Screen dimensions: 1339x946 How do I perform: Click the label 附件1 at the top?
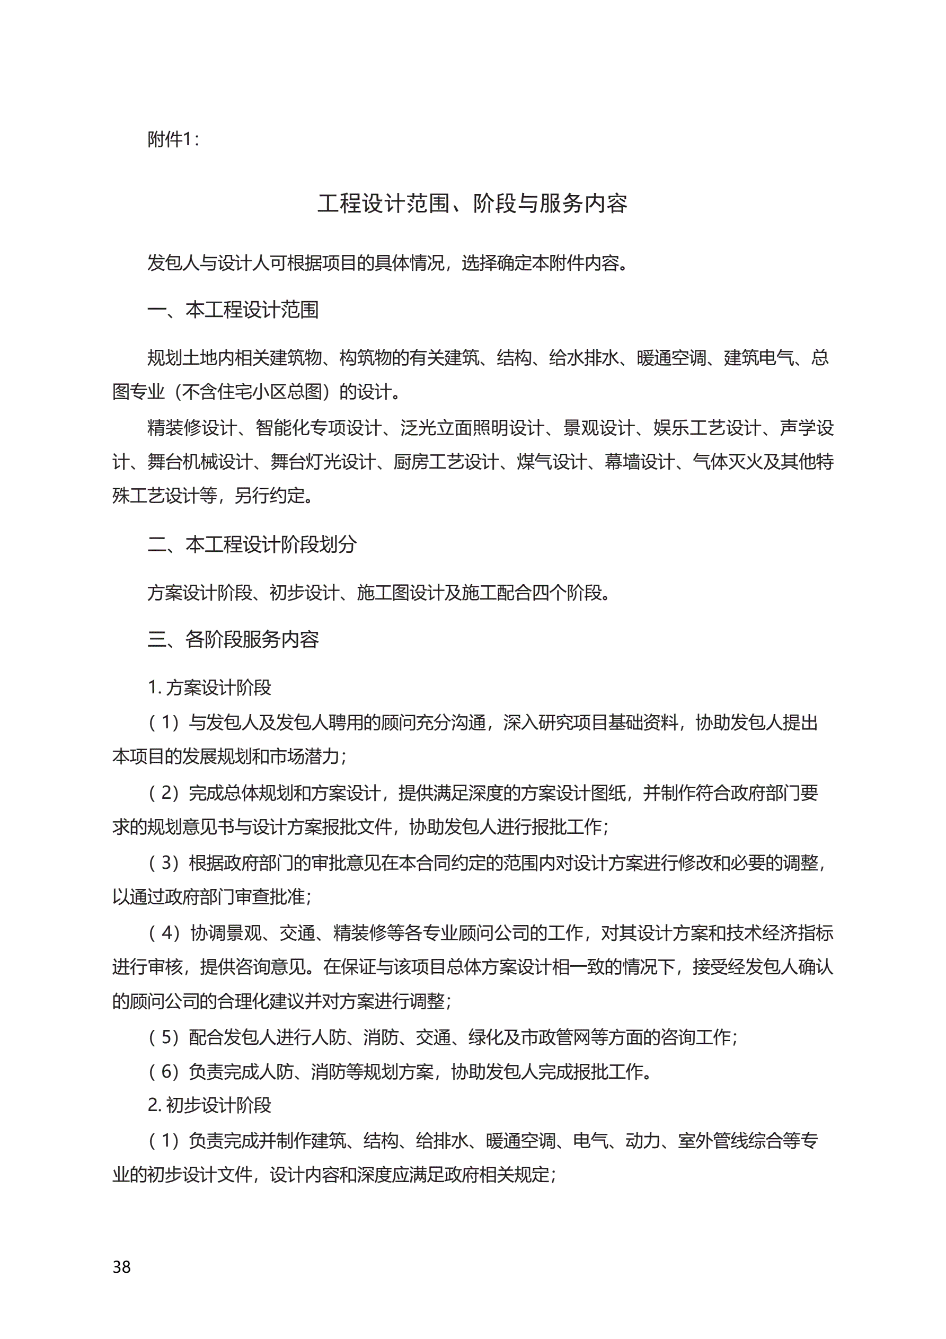(172, 139)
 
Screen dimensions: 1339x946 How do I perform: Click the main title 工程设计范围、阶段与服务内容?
(472, 204)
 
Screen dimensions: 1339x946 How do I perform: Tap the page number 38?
(121, 1267)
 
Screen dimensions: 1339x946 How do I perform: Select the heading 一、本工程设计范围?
(233, 310)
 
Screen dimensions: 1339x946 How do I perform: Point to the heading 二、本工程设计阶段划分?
(252, 544)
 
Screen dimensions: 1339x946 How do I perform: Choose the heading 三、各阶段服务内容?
(233, 639)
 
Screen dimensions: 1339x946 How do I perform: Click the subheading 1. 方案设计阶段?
(209, 687)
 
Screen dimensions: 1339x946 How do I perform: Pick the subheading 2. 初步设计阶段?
(209, 1105)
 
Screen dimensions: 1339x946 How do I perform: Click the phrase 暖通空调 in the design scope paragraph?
(671, 357)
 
